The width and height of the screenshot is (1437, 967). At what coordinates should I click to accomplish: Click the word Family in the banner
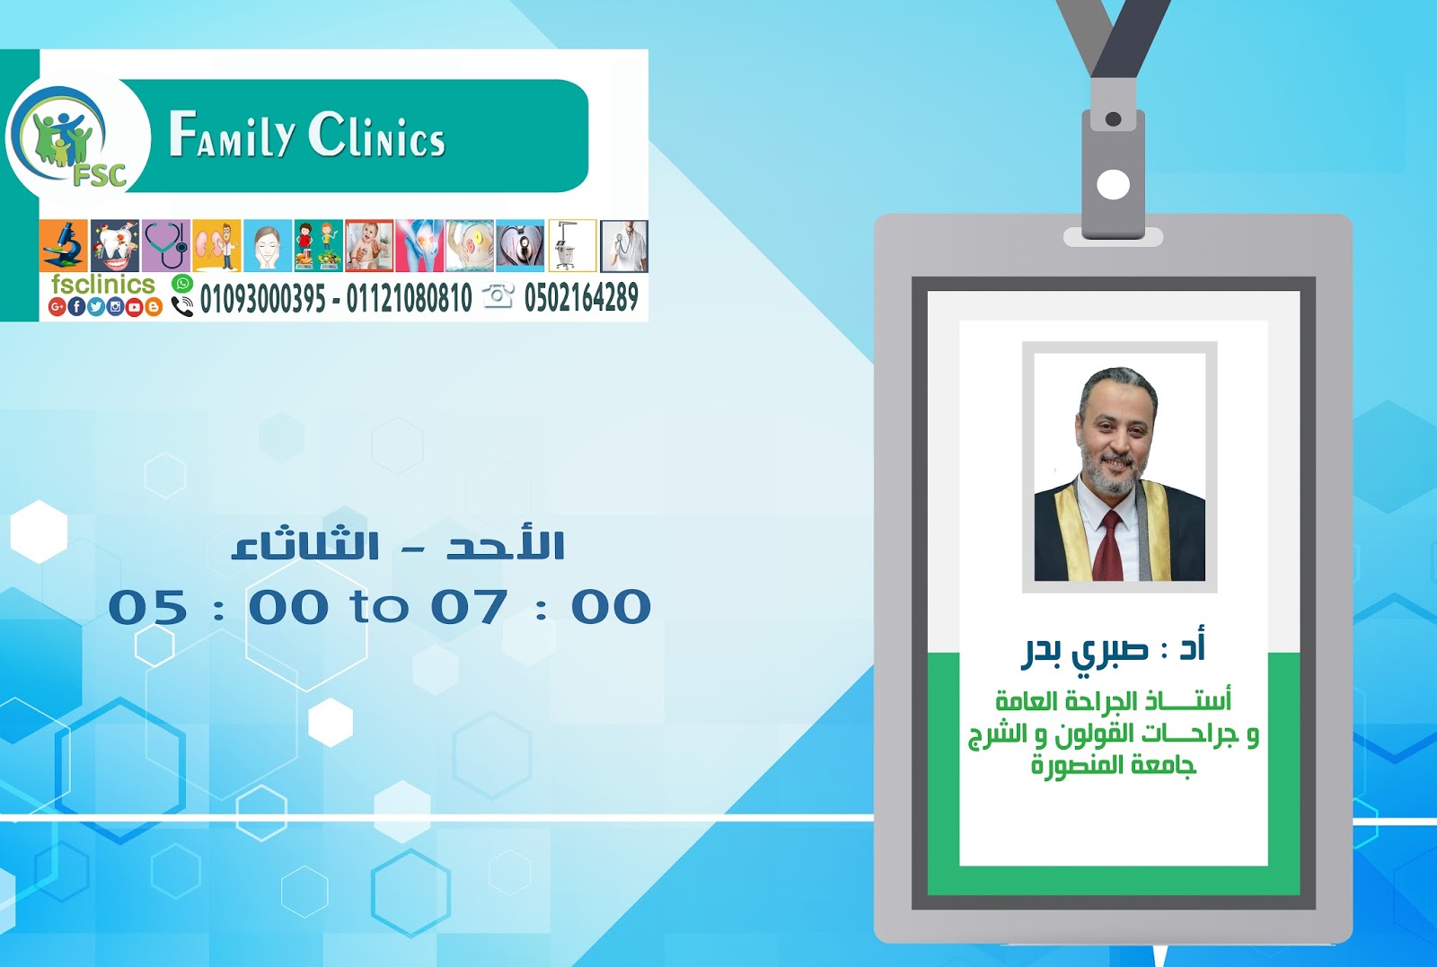click(231, 136)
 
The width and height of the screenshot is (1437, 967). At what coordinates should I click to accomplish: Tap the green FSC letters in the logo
click(99, 174)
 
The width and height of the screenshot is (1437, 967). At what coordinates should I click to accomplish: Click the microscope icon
click(64, 245)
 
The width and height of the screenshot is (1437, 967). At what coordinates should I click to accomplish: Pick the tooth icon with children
click(115, 245)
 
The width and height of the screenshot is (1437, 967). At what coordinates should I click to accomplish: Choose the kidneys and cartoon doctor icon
click(216, 245)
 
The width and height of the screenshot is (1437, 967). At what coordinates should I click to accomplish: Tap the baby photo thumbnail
click(369, 245)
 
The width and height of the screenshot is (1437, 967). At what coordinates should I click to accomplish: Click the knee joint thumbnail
click(419, 245)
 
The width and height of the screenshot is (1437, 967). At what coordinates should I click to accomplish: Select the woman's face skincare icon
click(268, 245)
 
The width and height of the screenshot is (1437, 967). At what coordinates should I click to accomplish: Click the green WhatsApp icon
click(182, 284)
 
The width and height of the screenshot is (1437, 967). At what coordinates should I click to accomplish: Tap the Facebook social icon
click(77, 307)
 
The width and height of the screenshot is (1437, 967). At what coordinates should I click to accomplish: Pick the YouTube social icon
click(135, 307)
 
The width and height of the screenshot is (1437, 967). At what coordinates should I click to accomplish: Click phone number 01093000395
click(262, 298)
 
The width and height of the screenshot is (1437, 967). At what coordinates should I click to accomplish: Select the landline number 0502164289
click(581, 297)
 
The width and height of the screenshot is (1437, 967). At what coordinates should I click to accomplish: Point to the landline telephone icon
click(498, 295)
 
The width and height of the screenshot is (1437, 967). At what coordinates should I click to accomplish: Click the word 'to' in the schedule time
click(379, 607)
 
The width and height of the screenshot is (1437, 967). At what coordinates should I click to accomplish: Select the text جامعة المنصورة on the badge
click(1114, 765)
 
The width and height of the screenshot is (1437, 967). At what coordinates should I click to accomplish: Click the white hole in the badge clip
click(1114, 185)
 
